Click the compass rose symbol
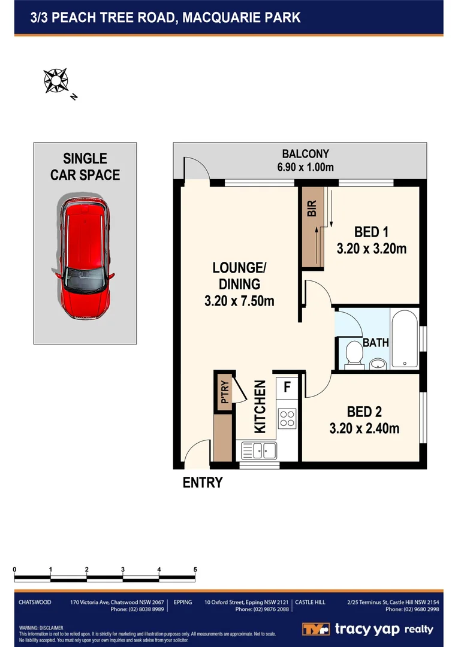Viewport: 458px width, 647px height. [x=56, y=80]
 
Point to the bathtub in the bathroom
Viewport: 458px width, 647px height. [x=405, y=338]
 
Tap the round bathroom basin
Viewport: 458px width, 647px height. [x=378, y=363]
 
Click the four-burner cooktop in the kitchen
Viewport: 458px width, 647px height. [x=287, y=417]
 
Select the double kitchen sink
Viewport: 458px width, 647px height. [x=258, y=450]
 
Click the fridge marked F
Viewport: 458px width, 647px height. [x=287, y=386]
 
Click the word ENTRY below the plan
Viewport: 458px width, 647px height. [x=203, y=482]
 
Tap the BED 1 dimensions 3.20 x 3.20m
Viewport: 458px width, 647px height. [x=372, y=248]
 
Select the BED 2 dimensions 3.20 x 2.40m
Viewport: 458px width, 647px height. [x=364, y=428]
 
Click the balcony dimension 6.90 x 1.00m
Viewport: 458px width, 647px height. [x=305, y=167]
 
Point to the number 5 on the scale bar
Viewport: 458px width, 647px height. [x=195, y=569]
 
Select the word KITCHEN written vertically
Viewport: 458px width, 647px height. [x=260, y=407]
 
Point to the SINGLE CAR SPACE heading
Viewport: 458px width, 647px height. [x=85, y=167]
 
